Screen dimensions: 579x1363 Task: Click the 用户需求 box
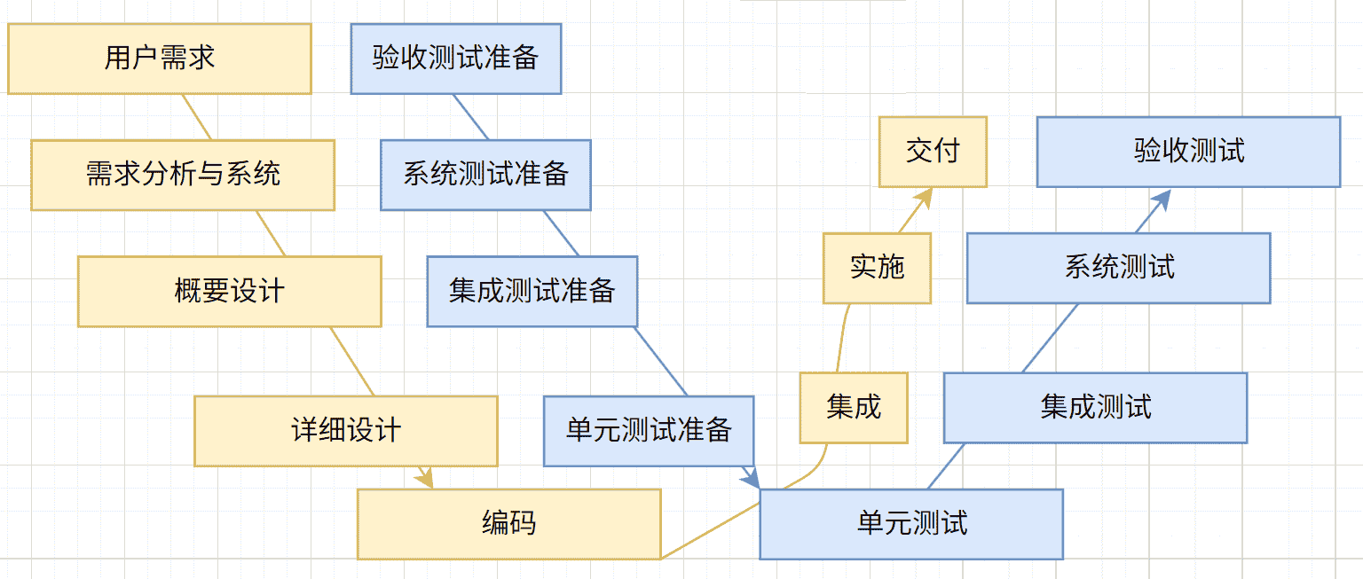point(160,59)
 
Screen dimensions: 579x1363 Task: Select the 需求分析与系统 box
point(183,175)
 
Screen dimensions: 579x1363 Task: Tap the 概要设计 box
point(230,292)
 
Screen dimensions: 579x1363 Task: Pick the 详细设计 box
point(346,431)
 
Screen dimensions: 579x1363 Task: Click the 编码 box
point(509,524)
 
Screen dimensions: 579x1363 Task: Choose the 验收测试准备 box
point(455,59)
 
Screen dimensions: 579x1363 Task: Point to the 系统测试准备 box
point(485,175)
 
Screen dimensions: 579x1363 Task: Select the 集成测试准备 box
point(532,292)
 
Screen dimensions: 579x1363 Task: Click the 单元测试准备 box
point(649,431)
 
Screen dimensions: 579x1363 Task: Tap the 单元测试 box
point(911,524)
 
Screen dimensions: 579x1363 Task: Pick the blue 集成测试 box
point(1095,408)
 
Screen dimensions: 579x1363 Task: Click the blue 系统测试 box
point(1118,269)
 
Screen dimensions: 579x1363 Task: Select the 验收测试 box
point(1188,152)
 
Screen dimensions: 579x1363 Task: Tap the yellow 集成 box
point(854,408)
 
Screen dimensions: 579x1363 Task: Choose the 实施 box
point(877,269)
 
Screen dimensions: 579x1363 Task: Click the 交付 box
point(933,152)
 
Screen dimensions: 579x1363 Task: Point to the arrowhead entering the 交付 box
point(924,197)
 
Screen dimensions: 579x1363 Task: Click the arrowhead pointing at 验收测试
point(1162,200)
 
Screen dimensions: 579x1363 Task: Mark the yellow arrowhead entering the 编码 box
point(426,479)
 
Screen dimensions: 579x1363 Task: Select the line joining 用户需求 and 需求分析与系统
point(197,117)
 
